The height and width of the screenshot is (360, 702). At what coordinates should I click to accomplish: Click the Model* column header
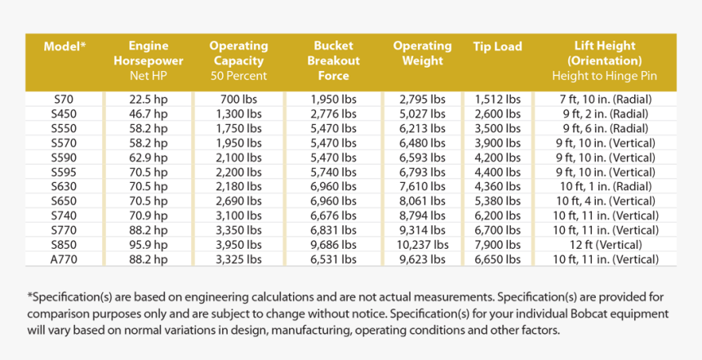coord(64,47)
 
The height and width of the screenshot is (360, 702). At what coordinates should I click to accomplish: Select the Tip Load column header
coord(497,47)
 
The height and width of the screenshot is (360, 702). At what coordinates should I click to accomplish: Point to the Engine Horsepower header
coord(149,54)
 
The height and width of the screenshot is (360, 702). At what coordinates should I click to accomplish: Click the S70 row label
coord(64,99)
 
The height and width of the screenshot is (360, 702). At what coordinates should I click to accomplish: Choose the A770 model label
coord(64,259)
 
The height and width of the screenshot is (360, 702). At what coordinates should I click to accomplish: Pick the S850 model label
coord(64,244)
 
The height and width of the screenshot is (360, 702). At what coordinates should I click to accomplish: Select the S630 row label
coord(64,186)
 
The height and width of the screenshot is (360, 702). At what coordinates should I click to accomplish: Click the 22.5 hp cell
coord(149,99)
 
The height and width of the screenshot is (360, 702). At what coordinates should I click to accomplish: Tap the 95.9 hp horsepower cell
coord(149,244)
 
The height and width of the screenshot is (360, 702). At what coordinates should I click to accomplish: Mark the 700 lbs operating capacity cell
coord(239,99)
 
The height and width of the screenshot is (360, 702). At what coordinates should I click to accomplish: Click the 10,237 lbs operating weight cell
coord(423,244)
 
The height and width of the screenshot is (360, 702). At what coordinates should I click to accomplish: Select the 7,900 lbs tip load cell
coord(497,244)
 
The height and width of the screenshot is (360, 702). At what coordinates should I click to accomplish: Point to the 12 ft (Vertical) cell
coord(605,244)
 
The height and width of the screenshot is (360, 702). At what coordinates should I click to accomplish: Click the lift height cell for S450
coord(605,113)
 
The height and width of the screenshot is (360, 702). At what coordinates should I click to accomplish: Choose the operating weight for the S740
coord(423,216)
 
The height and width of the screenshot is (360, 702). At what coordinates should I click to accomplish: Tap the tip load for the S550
coord(497,128)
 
